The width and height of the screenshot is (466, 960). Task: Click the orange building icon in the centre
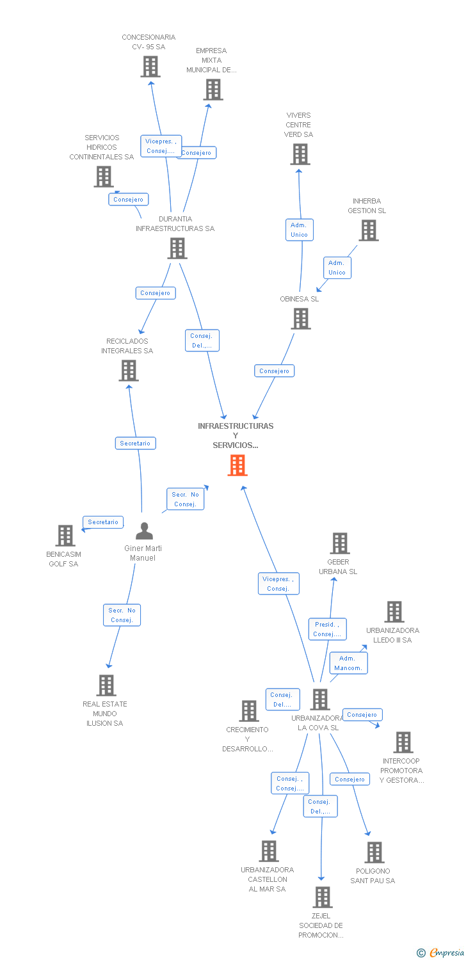(x=237, y=465)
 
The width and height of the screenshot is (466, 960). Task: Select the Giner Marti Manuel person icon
(x=145, y=531)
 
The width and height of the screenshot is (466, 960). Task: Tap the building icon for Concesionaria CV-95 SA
(x=150, y=67)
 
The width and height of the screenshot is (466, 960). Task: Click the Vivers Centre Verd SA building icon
(x=300, y=154)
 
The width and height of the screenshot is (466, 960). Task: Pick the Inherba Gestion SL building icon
(x=369, y=230)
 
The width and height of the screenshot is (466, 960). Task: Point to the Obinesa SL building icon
(x=301, y=319)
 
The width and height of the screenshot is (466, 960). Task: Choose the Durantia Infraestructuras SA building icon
(x=177, y=248)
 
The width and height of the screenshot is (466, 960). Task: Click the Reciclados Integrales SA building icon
(x=129, y=371)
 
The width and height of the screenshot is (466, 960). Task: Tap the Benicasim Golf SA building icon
(x=65, y=536)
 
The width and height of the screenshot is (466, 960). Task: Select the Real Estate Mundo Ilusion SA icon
(x=106, y=685)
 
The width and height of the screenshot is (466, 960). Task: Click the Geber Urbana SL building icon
(x=339, y=543)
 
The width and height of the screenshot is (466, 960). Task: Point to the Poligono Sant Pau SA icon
(x=374, y=852)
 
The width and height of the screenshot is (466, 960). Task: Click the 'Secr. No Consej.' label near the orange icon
(x=185, y=499)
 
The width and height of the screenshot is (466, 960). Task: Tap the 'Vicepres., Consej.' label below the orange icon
(x=278, y=584)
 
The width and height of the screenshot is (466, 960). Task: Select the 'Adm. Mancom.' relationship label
(x=348, y=663)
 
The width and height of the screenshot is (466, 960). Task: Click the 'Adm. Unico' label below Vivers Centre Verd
(x=299, y=230)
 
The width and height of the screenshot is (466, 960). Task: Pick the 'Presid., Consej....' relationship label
(x=327, y=629)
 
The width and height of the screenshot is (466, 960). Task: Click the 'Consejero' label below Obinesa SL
(x=275, y=371)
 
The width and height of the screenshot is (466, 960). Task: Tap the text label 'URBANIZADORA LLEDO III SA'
(x=393, y=635)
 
